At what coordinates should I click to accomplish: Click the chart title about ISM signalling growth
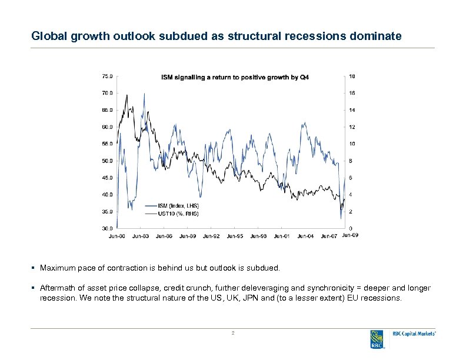(235, 78)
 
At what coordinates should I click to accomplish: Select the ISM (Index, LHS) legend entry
(178, 205)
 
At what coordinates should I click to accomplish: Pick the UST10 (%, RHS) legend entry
(178, 214)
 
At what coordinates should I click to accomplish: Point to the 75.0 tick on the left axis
(108, 76)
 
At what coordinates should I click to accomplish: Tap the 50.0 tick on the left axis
(108, 161)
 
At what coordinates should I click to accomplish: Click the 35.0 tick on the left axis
(108, 211)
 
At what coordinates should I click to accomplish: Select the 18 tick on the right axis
(351, 76)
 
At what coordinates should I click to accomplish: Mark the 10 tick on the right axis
(351, 144)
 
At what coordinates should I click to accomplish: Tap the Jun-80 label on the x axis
(116, 236)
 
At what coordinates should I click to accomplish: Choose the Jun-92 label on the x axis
(211, 236)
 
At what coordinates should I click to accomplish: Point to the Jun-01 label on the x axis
(281, 236)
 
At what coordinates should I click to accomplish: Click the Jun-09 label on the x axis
(350, 235)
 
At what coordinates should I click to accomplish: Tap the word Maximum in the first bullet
(56, 268)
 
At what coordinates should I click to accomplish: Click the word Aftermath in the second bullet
(58, 288)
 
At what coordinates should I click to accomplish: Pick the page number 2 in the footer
(233, 334)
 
